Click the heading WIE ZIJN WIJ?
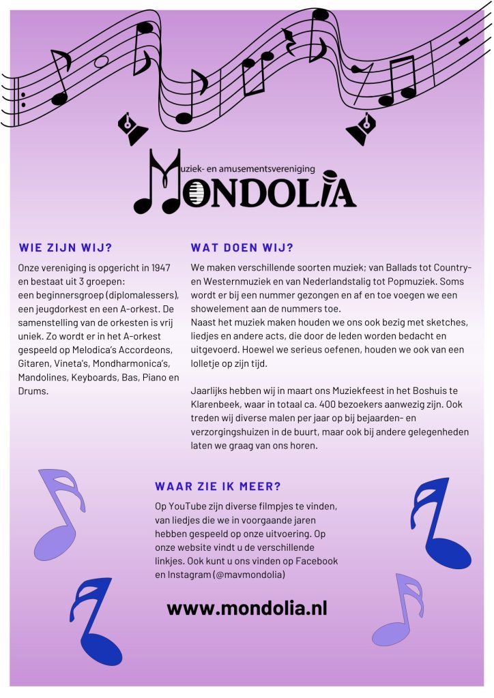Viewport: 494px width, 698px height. tap(65, 247)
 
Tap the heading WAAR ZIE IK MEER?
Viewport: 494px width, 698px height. tap(218, 487)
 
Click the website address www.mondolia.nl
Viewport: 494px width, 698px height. tap(246, 607)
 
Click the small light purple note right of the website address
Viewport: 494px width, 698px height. tap(403, 610)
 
